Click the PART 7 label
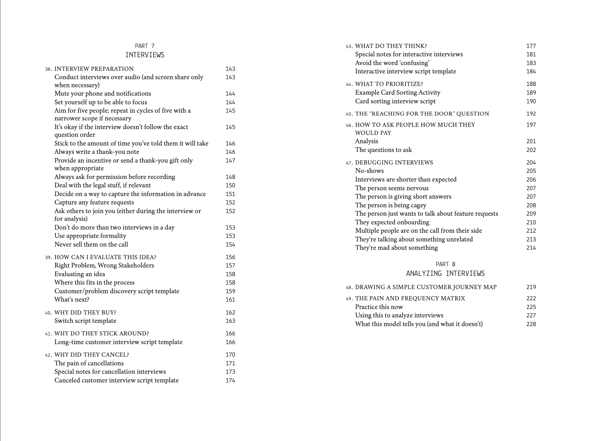pos(145,46)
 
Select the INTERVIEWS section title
pos(145,55)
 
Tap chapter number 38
pos(48,69)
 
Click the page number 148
pos(230,177)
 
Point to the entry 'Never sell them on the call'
pos(91,244)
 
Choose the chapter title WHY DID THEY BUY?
pos(85,313)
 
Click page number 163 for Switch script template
pos(230,321)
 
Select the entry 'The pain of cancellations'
pos(89,363)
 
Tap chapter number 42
pos(48,355)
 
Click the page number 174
pos(230,380)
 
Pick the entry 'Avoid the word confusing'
pos(392,63)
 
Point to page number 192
pos(531,114)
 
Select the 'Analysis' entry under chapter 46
pos(366,141)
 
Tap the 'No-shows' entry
pos(369,171)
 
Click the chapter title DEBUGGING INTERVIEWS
pos(394,163)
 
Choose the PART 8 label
pos(445,264)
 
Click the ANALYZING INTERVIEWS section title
pos(445,274)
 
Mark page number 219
pos(531,287)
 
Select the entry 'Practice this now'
pos(379,307)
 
